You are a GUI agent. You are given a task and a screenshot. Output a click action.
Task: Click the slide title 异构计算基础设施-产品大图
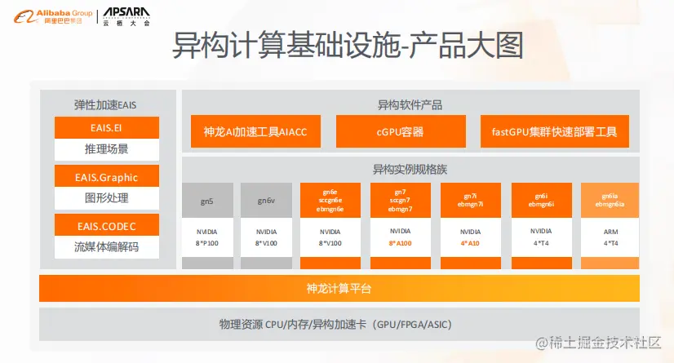(x=346, y=47)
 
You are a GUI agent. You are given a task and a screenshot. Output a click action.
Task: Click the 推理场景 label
(x=106, y=149)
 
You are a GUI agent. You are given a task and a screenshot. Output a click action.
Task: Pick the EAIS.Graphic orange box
(x=106, y=176)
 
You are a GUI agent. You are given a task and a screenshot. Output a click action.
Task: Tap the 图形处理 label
(x=106, y=198)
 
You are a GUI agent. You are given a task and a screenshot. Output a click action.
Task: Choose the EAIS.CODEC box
(x=106, y=224)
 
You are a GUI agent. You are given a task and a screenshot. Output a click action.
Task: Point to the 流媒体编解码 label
(x=106, y=246)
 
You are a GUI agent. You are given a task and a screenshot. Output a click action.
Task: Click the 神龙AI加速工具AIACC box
(x=255, y=131)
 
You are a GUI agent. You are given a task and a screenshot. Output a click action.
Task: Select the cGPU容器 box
(x=400, y=131)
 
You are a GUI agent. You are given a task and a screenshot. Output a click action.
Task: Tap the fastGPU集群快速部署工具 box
(x=554, y=131)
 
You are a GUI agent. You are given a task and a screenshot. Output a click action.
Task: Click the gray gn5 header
(x=207, y=200)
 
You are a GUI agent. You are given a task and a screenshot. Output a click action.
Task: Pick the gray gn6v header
(x=266, y=200)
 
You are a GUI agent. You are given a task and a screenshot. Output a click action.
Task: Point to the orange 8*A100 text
(x=400, y=243)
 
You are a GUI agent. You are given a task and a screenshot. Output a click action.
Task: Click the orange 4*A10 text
(x=471, y=243)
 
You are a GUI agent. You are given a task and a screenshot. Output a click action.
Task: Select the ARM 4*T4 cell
(x=610, y=237)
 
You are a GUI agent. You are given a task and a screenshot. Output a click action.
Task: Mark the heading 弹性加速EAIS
(x=106, y=104)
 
